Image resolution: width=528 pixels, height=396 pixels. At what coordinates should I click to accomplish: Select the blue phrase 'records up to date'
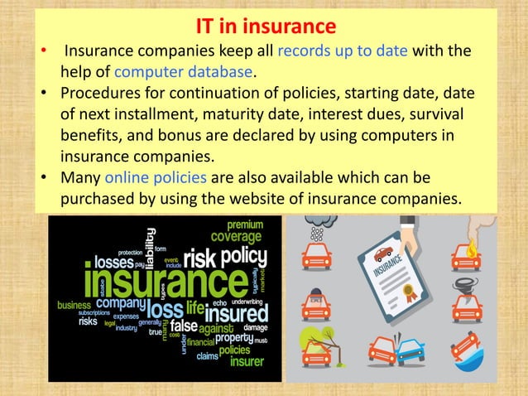click(x=343, y=52)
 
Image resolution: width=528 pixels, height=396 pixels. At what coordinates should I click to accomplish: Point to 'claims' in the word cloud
click(x=209, y=357)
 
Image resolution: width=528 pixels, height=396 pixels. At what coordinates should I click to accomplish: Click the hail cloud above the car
click(x=315, y=226)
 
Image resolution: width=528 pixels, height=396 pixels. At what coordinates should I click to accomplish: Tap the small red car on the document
click(x=382, y=254)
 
